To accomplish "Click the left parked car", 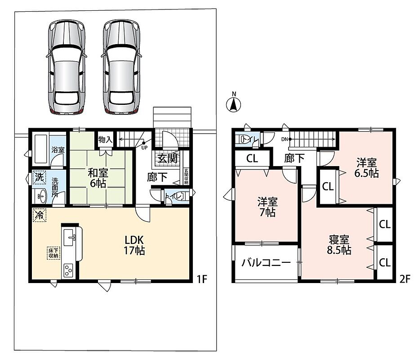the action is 67,67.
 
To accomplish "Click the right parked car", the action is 121,67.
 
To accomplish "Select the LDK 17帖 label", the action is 134,245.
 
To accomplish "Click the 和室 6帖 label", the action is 98,178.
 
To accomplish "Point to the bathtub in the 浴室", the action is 41,149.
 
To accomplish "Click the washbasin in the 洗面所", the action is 42,197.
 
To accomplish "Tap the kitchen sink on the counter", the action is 70,238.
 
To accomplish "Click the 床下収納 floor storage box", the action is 53,252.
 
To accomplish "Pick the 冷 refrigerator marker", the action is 40,215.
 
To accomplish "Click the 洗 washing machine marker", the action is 40,177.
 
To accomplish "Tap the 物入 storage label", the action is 105,139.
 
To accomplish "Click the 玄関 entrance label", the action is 167,159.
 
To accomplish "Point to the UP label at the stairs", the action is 144,148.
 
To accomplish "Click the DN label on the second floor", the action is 285,139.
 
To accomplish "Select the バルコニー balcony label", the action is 266,263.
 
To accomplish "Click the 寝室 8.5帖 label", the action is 339,245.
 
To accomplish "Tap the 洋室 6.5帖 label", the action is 367,168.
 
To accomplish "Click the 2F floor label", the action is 405,279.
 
